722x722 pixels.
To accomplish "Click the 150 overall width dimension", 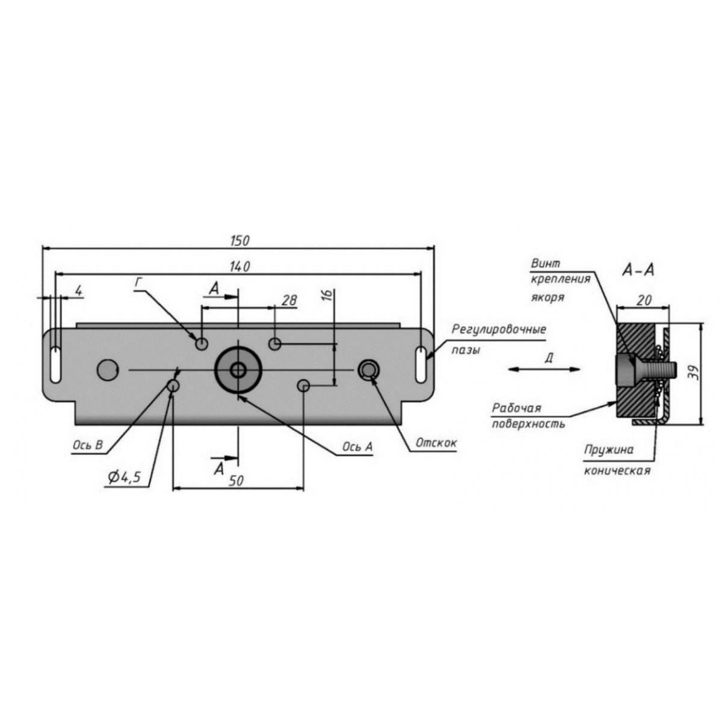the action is click(x=239, y=241).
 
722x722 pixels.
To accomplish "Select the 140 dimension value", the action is click(x=239, y=267).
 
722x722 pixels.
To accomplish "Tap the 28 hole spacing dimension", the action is click(x=289, y=300).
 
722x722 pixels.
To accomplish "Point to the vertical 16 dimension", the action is click(x=327, y=295).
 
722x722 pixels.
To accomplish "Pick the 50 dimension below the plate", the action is click(x=236, y=481).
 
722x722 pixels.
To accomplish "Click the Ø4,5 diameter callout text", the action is click(x=124, y=477).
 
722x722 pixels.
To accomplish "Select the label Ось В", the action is click(x=88, y=445).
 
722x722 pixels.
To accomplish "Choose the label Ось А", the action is click(x=357, y=446).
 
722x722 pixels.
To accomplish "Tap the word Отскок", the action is click(x=436, y=443).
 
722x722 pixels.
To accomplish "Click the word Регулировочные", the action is click(x=498, y=330).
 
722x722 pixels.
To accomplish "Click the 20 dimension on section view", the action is click(x=644, y=300).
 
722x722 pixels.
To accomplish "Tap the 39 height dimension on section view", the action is click(x=694, y=374).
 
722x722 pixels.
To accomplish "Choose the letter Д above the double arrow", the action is click(x=549, y=358).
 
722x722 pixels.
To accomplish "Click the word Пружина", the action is click(x=608, y=449).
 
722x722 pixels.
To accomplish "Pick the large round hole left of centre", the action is click(x=108, y=369).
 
